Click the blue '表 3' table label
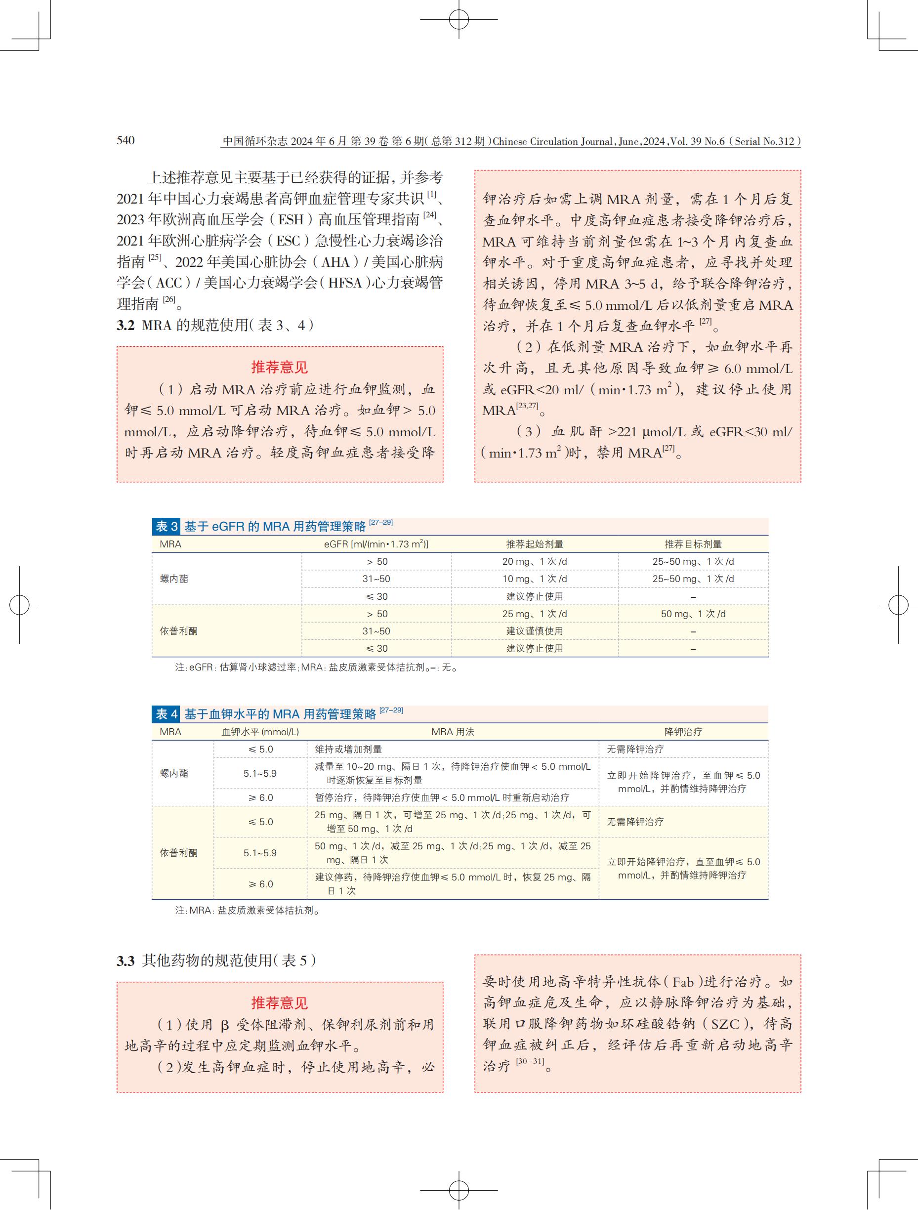[x=167, y=526]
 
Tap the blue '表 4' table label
[x=167, y=714]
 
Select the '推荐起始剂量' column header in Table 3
[x=534, y=544]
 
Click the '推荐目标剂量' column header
[x=693, y=544]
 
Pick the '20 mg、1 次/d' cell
[x=534, y=562]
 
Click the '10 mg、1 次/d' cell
[x=534, y=579]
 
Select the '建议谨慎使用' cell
[x=534, y=631]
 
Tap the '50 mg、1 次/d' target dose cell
[x=693, y=614]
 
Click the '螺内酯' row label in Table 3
[x=174, y=579]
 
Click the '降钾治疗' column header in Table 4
[x=683, y=732]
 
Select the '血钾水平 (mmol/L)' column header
[x=260, y=732]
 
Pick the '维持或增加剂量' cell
[x=348, y=750]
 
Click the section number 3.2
[x=125, y=326]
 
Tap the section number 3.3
[x=125, y=960]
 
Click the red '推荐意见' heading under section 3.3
[x=280, y=1002]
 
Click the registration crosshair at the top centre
[x=459, y=20]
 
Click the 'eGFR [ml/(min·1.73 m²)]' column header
[x=376, y=544]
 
